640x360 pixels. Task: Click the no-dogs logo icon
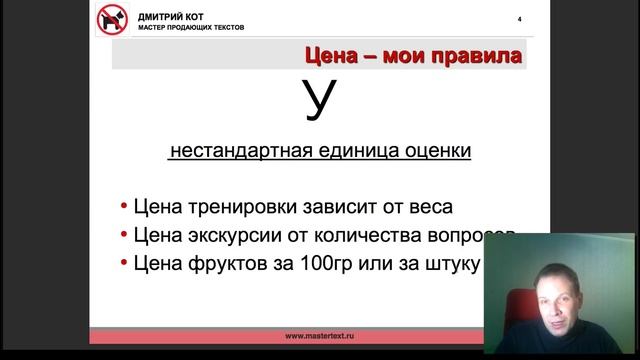pyautogui.click(x=113, y=20)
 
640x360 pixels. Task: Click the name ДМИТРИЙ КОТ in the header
pyautogui.click(x=169, y=15)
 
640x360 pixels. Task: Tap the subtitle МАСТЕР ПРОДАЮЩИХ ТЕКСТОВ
pyautogui.click(x=190, y=27)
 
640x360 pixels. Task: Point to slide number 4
pyautogui.click(x=518, y=19)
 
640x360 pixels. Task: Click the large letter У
pyautogui.click(x=317, y=101)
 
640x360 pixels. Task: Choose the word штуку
pyautogui.click(x=455, y=264)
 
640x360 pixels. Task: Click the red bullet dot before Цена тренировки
pyautogui.click(x=123, y=208)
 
